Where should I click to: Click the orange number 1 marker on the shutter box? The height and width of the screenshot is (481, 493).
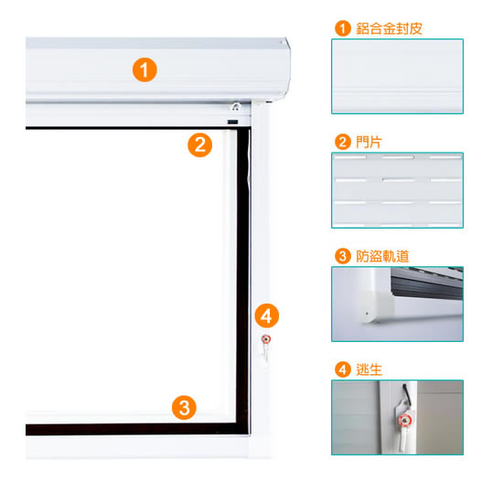pyautogui.click(x=145, y=69)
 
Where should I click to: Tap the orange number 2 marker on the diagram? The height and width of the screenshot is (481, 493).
pyautogui.click(x=200, y=145)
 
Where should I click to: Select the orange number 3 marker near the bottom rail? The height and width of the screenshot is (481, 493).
pyautogui.click(x=184, y=408)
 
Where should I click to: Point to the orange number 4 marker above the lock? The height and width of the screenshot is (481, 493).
pyautogui.click(x=267, y=316)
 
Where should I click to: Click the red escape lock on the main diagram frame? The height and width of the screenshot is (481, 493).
pyautogui.click(x=266, y=339)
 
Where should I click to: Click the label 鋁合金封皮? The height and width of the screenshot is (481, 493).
pyautogui.click(x=389, y=28)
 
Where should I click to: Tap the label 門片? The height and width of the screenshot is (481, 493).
pyautogui.click(x=369, y=142)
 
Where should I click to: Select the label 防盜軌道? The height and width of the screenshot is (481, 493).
pyautogui.click(x=382, y=256)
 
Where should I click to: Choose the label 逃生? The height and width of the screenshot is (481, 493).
pyautogui.click(x=370, y=369)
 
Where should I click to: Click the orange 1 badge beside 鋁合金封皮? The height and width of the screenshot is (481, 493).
pyautogui.click(x=343, y=28)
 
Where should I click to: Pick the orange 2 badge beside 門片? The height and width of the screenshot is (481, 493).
pyautogui.click(x=343, y=142)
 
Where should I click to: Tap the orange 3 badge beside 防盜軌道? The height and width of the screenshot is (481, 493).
pyautogui.click(x=343, y=256)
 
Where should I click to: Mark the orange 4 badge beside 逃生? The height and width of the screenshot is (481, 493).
pyautogui.click(x=343, y=369)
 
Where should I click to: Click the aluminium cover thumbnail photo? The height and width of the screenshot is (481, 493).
pyautogui.click(x=397, y=77)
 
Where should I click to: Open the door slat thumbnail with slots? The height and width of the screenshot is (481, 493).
pyautogui.click(x=397, y=190)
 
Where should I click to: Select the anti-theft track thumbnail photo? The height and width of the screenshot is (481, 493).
pyautogui.click(x=397, y=304)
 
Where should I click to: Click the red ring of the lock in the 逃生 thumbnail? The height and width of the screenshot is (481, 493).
pyautogui.click(x=403, y=421)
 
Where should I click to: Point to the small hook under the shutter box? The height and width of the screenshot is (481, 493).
pyautogui.click(x=236, y=107)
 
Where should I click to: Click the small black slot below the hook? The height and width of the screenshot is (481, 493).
pyautogui.click(x=233, y=122)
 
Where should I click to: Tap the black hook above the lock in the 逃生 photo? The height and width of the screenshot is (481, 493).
pyautogui.click(x=407, y=394)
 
